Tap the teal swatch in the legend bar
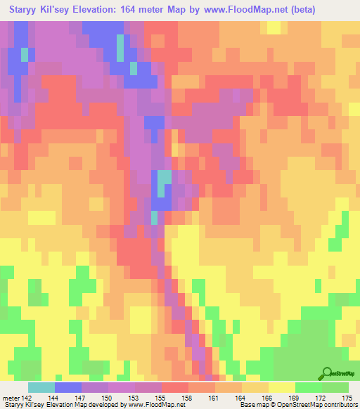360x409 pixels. coord(41,387)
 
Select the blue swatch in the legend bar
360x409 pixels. coord(68,387)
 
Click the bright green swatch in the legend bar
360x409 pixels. coord(309,387)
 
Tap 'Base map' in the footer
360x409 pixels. coord(252,404)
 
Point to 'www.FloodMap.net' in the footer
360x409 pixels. coord(150,404)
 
